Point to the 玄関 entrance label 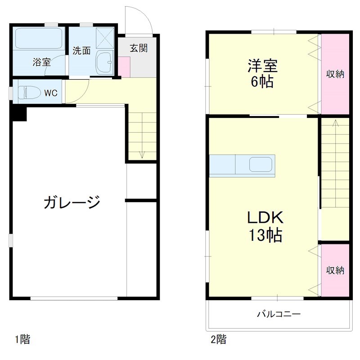pos(139,48)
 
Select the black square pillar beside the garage pos(18,112)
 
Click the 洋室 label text pos(262,66)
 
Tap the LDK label pos(264,218)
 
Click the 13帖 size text pos(264,235)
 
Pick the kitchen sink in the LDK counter pos(261,165)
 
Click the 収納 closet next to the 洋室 pos(335,74)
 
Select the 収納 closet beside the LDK pos(335,270)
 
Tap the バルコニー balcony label pos(279,314)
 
